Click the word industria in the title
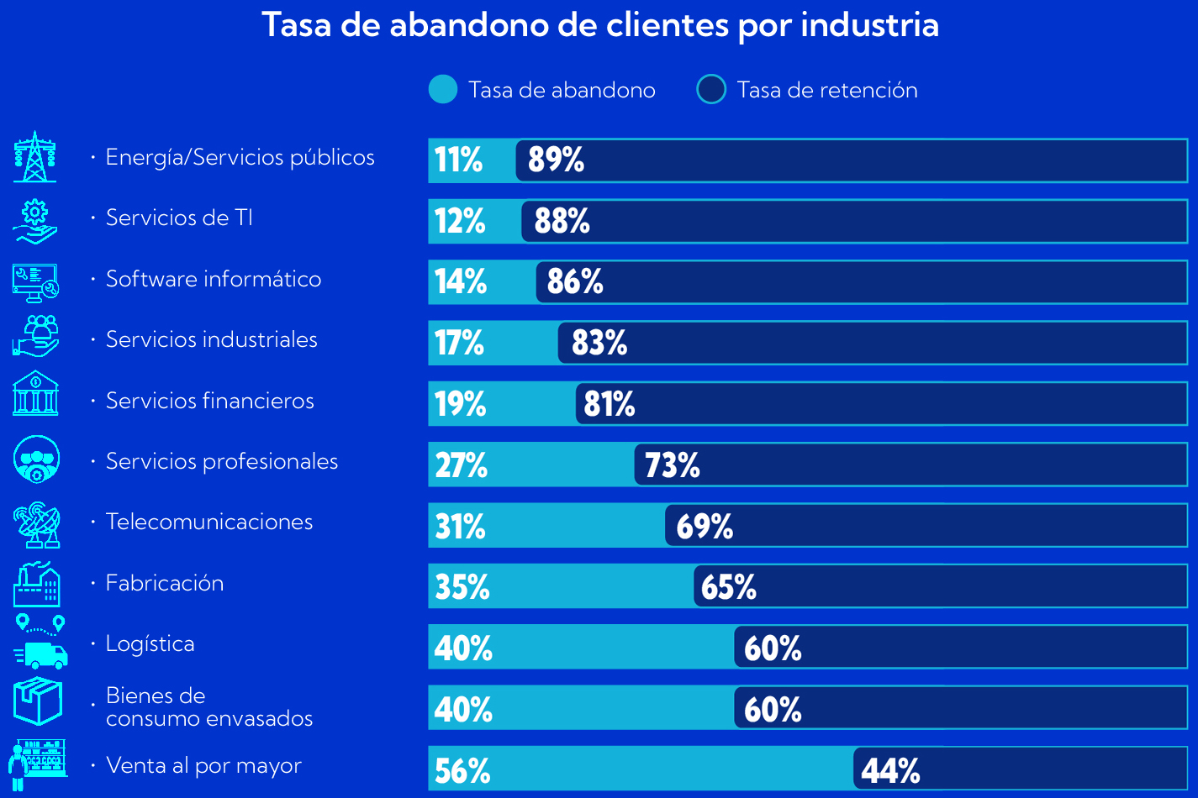click(869, 25)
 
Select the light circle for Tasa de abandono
click(443, 90)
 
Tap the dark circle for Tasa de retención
click(711, 90)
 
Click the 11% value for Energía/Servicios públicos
click(459, 160)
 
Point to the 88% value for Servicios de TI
click(562, 221)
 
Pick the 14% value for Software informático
click(461, 281)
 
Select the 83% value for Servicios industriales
click(599, 343)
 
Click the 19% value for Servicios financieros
click(461, 404)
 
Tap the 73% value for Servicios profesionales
click(673, 465)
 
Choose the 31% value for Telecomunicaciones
click(461, 526)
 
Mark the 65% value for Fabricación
click(729, 586)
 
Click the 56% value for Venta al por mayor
click(462, 770)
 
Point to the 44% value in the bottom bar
click(891, 770)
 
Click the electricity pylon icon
click(35, 157)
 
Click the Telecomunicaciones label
click(209, 522)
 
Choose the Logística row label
click(150, 643)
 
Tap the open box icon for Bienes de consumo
click(38, 701)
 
